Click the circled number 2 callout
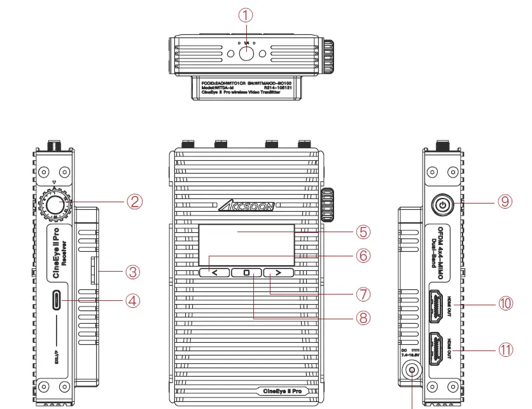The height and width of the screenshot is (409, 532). click(x=133, y=202)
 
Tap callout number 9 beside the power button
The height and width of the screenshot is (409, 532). click(x=505, y=201)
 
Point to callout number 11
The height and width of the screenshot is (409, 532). click(x=505, y=350)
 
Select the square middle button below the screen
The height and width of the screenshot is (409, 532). click(x=247, y=273)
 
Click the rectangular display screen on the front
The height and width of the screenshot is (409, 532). click(x=247, y=244)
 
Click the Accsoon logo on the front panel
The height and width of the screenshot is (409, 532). click(x=247, y=205)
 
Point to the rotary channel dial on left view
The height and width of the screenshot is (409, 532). click(x=55, y=204)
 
